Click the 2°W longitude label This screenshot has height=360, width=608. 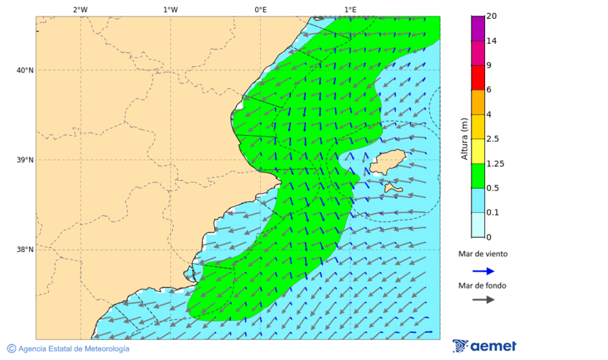(x=80, y=9)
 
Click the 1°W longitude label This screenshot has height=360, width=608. (x=170, y=9)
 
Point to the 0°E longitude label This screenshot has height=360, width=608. (x=260, y=9)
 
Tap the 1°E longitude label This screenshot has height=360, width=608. (x=350, y=9)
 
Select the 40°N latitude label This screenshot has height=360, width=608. (x=24, y=70)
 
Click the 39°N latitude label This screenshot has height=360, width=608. (x=24, y=160)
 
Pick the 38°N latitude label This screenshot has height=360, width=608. (x=24, y=250)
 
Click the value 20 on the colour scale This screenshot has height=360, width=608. (x=492, y=16)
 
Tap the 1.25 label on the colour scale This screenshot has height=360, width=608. (x=496, y=163)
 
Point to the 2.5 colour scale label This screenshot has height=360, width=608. (x=493, y=139)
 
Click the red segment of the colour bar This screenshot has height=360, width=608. (x=478, y=77)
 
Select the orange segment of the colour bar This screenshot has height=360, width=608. (x=478, y=102)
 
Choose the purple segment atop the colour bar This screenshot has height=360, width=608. (x=478, y=28)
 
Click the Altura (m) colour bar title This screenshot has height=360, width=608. (x=464, y=138)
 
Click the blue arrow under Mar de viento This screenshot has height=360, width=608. (x=483, y=271)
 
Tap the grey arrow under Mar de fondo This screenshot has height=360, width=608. (x=483, y=299)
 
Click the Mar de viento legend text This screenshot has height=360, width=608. (x=483, y=254)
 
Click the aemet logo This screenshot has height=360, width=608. (x=484, y=346)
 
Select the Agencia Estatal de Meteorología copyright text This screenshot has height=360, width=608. (x=68, y=349)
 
